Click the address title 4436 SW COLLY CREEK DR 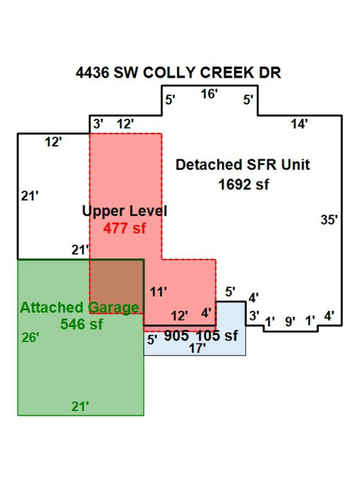point(179,73)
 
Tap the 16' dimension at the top point(209,94)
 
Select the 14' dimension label point(299,124)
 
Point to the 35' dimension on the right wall point(329,220)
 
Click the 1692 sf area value point(244,185)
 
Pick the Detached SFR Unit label point(243,165)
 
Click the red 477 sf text point(125,228)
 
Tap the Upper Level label point(125,211)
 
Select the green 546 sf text point(82,324)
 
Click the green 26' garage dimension point(31,338)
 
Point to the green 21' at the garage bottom point(80,407)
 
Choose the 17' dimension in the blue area point(197,348)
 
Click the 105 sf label point(216,336)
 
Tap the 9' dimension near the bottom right point(290,321)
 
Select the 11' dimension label point(159,292)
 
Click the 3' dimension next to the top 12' point(98,124)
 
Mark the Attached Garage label point(80,308)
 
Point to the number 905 point(176,336)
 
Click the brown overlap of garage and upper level point(117,287)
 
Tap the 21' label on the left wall point(30,196)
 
